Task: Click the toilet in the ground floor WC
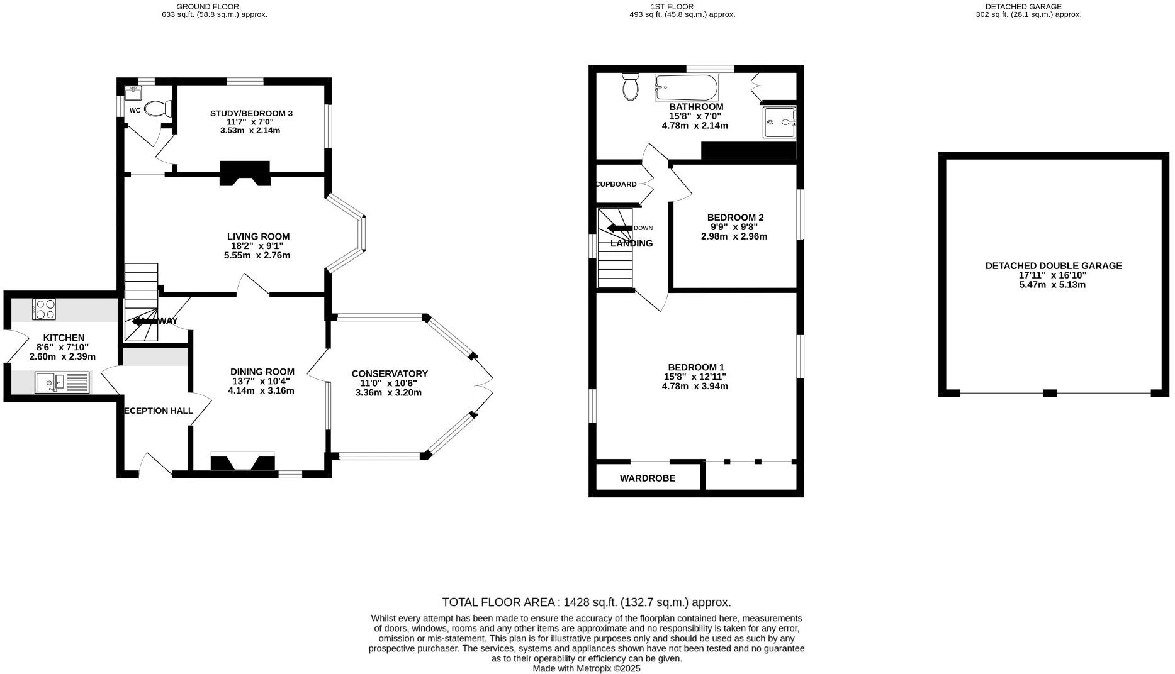(x=158, y=109)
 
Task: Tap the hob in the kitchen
(x=44, y=309)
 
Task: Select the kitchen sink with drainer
(x=62, y=382)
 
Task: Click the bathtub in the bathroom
(x=685, y=87)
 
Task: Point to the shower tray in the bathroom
(x=779, y=122)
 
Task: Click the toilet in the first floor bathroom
(x=630, y=86)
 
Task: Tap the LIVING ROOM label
(x=258, y=236)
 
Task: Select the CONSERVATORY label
(x=389, y=373)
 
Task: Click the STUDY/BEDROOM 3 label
(x=251, y=113)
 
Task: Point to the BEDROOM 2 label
(x=735, y=218)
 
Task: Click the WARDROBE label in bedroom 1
(x=647, y=478)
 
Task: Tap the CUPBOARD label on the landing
(x=616, y=184)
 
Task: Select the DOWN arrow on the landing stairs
(x=620, y=228)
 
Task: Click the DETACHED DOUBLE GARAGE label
(x=1053, y=266)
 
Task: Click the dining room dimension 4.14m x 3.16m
(x=261, y=390)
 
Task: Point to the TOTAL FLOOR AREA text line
(x=586, y=602)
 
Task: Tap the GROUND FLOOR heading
(x=198, y=6)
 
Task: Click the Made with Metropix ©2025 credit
(x=586, y=669)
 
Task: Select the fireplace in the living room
(x=244, y=174)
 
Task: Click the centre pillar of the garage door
(x=1050, y=394)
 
